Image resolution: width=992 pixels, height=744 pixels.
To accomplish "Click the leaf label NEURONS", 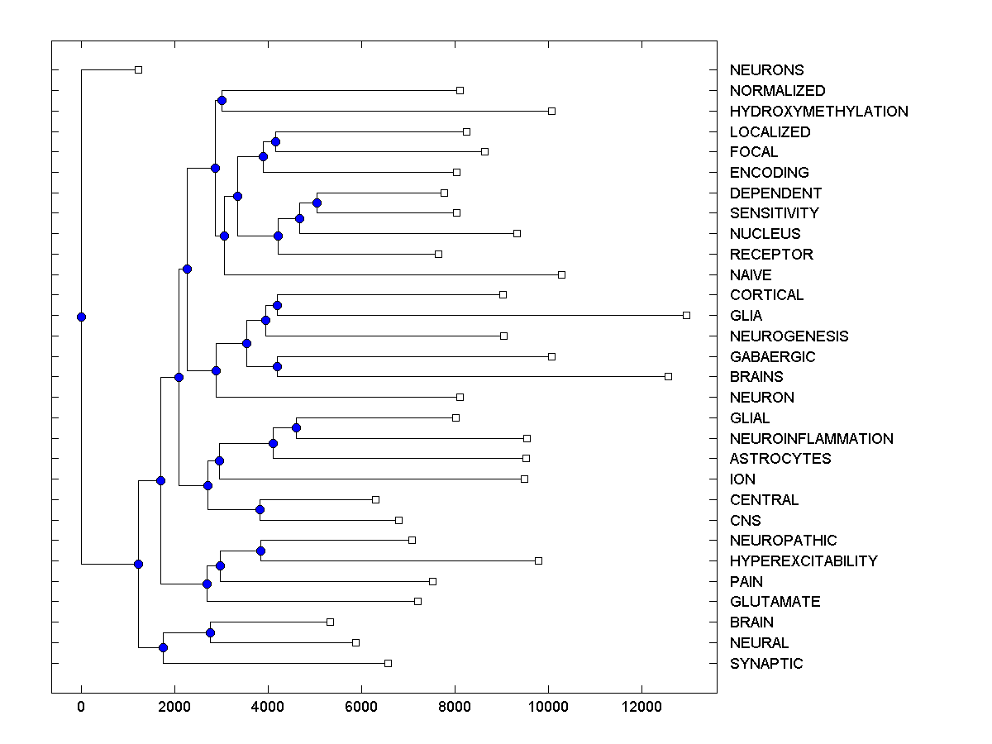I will pyautogui.click(x=766, y=70).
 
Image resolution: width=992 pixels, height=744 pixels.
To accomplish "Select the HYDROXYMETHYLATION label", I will pyautogui.click(x=818, y=112).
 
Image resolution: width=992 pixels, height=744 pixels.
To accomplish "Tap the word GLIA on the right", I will pyautogui.click(x=746, y=316).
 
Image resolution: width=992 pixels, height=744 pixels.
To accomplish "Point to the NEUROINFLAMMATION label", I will pyautogui.click(x=811, y=439).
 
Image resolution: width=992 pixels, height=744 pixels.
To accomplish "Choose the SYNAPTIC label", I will pyautogui.click(x=765, y=664).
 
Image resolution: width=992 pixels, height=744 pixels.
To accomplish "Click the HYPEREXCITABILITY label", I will pyautogui.click(x=804, y=561).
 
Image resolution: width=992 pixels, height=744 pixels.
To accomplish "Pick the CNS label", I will pyautogui.click(x=745, y=521).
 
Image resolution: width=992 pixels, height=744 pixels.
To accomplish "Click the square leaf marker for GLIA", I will pyautogui.click(x=686, y=315).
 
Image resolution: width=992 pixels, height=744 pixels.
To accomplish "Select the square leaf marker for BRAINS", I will pyautogui.click(x=668, y=377).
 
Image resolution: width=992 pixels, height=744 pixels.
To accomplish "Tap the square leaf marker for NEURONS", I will pyautogui.click(x=138, y=69).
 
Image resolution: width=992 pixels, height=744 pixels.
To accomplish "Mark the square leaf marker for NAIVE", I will pyautogui.click(x=561, y=274).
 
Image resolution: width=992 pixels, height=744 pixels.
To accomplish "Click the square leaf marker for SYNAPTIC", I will pyautogui.click(x=388, y=663).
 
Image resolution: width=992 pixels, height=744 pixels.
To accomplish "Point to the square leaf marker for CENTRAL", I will pyautogui.click(x=375, y=499).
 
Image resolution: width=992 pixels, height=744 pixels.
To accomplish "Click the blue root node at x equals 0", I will pyautogui.click(x=81, y=317).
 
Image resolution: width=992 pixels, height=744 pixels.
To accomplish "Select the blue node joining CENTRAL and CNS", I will pyautogui.click(x=260, y=509).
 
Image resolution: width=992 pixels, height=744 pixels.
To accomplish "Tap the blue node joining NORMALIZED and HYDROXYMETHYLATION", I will pyautogui.click(x=222, y=101).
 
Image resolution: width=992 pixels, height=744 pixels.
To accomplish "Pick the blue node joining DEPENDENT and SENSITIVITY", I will pyautogui.click(x=317, y=203).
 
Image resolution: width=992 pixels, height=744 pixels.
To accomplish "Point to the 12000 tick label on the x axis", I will pyautogui.click(x=641, y=707).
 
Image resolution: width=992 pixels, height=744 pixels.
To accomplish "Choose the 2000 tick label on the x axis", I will pyautogui.click(x=174, y=707).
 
